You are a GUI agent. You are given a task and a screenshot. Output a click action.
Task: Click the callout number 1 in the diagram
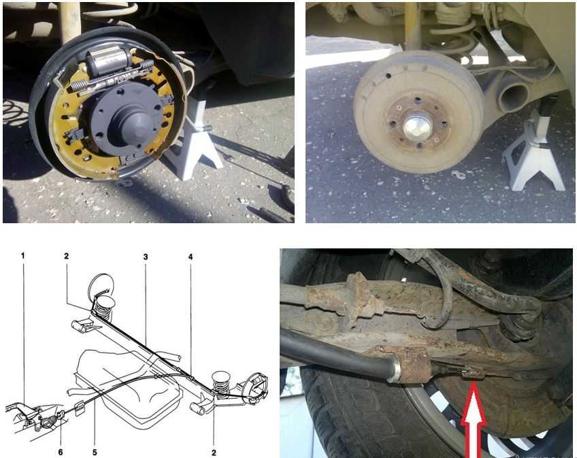point(23,255)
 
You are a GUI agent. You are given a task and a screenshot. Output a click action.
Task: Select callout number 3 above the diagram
point(146,257)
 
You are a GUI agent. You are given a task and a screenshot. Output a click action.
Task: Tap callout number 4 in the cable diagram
point(191,257)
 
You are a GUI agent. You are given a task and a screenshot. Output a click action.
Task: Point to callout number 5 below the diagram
point(95,452)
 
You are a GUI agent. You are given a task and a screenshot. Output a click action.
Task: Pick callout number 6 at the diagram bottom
point(61,452)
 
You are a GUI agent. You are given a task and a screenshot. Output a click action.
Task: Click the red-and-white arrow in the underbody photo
point(474,420)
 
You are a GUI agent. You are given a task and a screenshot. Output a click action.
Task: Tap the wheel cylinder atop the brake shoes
point(108,61)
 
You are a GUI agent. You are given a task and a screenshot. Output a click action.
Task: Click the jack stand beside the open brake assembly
point(193,142)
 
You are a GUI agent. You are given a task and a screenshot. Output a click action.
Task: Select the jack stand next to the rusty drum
point(533,152)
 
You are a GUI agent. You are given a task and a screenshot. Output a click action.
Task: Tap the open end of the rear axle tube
point(512,96)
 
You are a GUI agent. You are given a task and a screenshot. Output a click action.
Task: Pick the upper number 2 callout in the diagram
point(66,255)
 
